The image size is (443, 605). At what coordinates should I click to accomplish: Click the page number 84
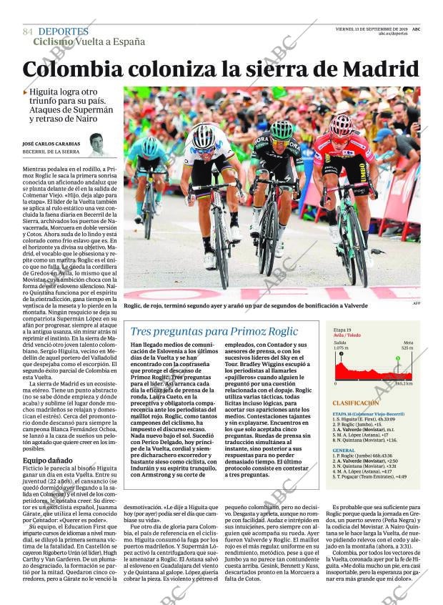coord(28,32)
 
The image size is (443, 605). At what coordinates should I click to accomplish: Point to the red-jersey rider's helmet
coord(341,125)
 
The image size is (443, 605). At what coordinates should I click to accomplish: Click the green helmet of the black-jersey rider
coord(282,130)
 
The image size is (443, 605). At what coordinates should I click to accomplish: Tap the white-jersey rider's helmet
coord(204,136)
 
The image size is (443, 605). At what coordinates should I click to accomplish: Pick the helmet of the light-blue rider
coord(150,147)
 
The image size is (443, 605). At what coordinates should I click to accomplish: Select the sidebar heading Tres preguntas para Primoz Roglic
coord(214,331)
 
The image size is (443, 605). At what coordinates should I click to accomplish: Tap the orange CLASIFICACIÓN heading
coord(355,403)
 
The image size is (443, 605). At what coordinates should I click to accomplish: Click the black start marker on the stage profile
coord(342,353)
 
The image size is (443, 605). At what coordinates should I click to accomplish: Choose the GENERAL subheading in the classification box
coord(344,451)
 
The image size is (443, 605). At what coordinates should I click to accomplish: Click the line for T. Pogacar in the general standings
coord(372,476)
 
